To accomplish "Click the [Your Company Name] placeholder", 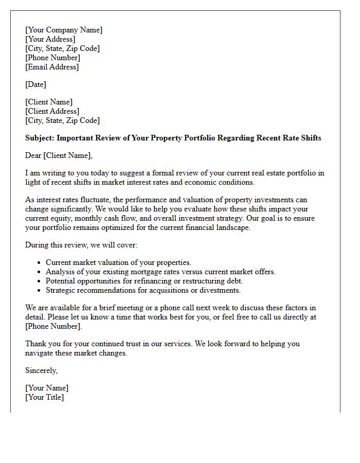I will [x=64, y=30].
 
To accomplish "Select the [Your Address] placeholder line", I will [x=50, y=39].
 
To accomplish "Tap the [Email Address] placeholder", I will [x=52, y=67].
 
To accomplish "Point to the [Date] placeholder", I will [x=35, y=84].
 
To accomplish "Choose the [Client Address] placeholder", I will [x=52, y=111].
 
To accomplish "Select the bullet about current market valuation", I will [x=118, y=262].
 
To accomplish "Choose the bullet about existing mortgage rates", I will [x=160, y=272].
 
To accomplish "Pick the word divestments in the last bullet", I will [x=221, y=290].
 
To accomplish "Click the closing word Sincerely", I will [x=41, y=370].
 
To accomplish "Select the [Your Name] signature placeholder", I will [x=47, y=388].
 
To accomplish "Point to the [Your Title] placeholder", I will [x=44, y=397].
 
